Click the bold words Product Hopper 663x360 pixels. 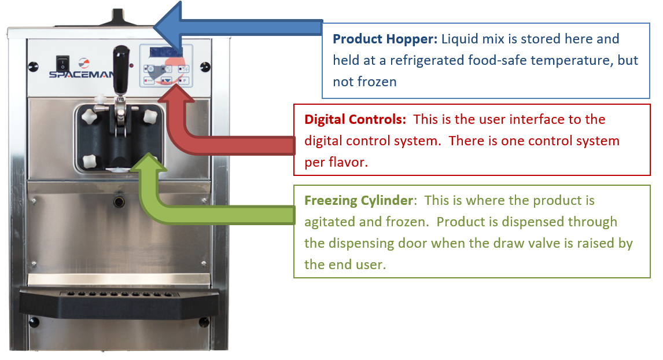[x=385, y=39]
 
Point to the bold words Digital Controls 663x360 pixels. [x=355, y=119]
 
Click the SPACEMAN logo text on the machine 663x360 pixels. [x=81, y=75]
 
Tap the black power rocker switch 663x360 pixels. [x=62, y=64]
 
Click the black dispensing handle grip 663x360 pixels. [x=121, y=70]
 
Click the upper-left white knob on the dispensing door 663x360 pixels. [x=89, y=116]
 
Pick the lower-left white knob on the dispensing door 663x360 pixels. [x=90, y=161]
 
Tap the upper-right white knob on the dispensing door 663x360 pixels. [x=150, y=116]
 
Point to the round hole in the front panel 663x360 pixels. [x=119, y=201]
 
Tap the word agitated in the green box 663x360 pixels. [x=331, y=222]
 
